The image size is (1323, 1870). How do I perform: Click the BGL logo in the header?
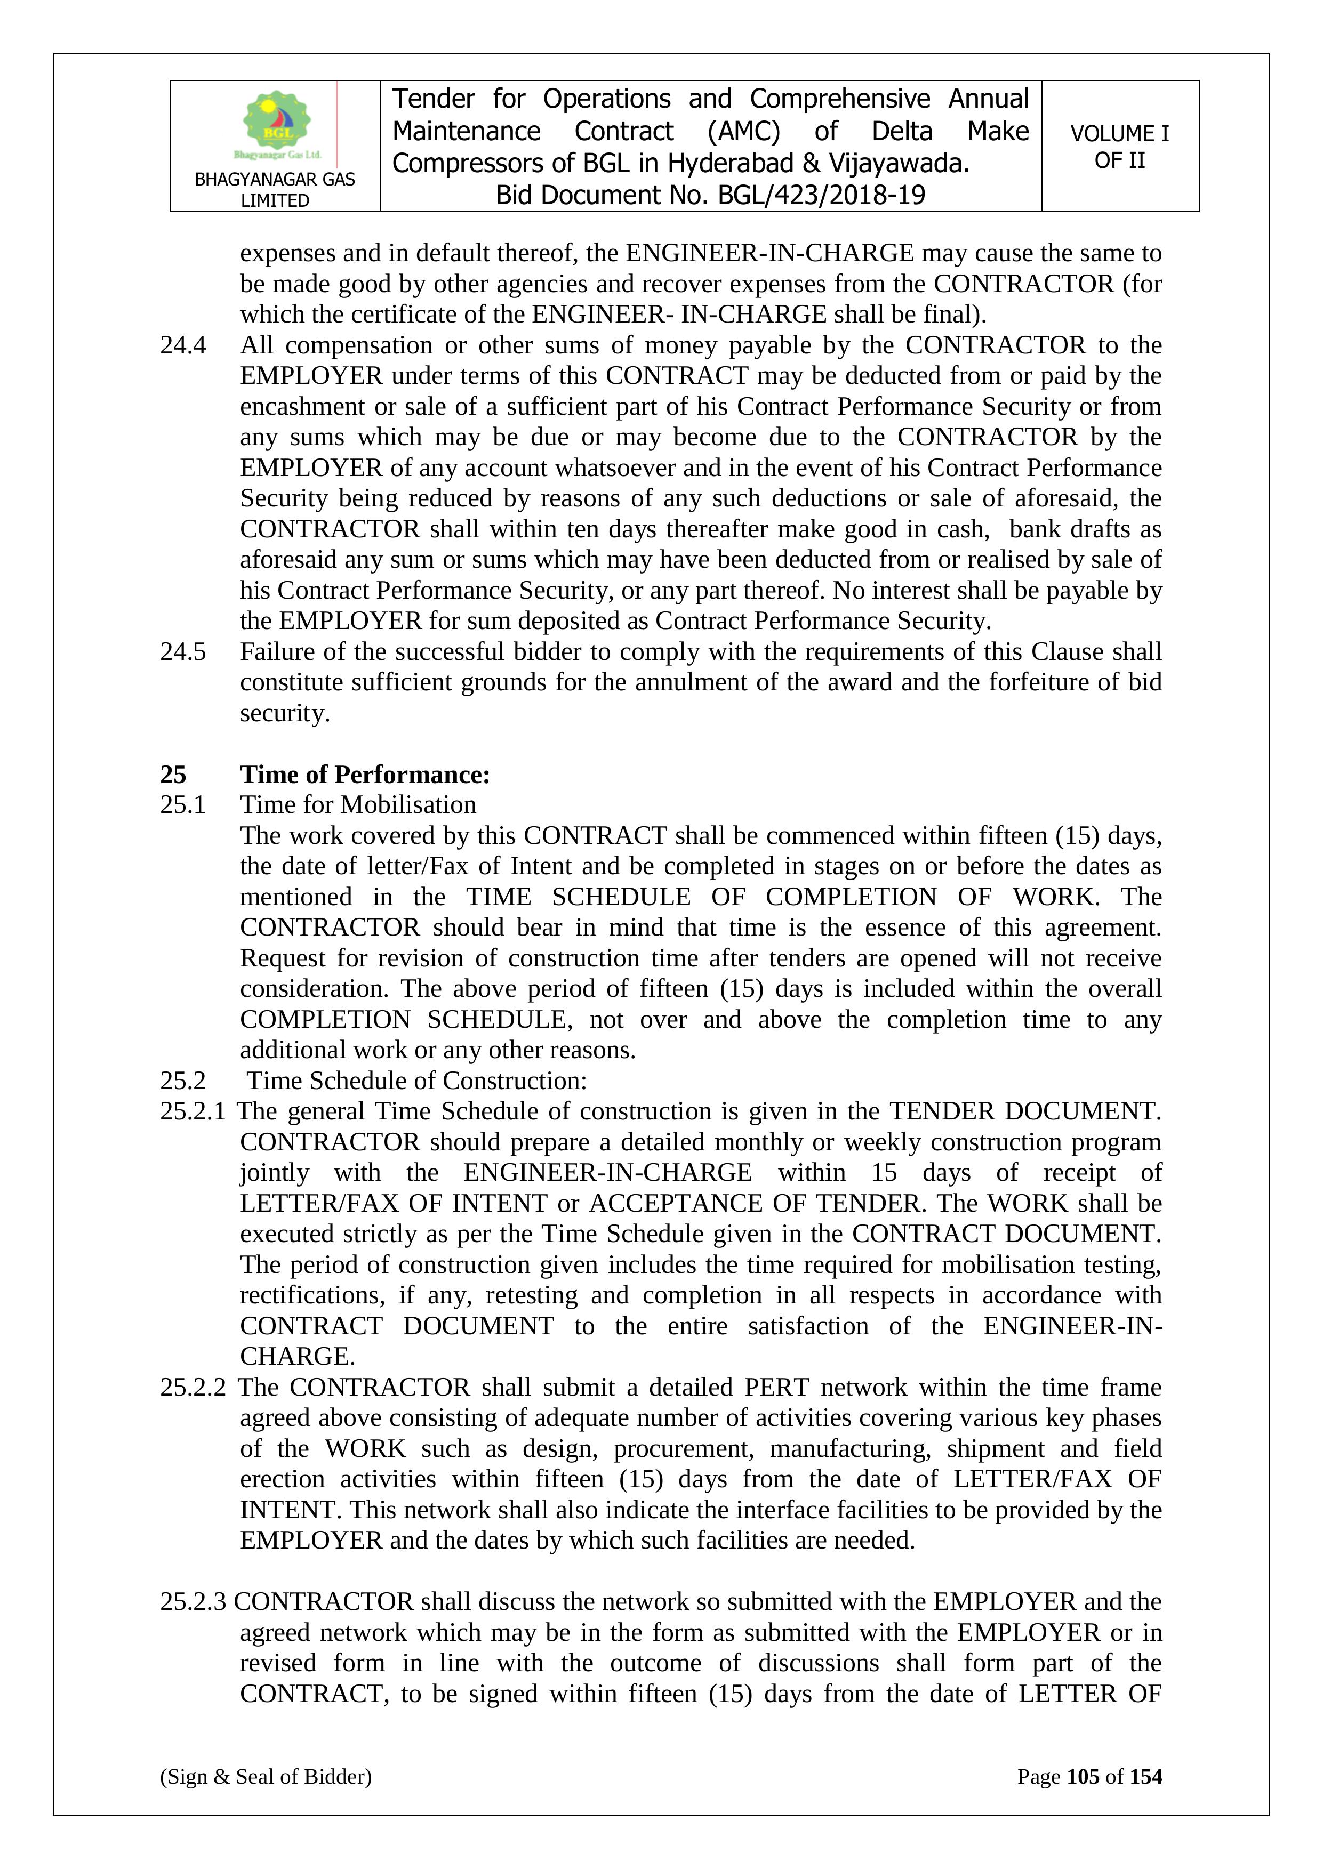(276, 124)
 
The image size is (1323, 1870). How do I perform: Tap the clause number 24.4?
(183, 345)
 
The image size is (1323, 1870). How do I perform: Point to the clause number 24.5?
(183, 651)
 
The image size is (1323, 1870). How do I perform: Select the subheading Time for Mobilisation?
(358, 805)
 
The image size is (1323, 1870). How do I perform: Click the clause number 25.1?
(183, 805)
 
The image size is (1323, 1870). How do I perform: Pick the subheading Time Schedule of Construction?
(416, 1081)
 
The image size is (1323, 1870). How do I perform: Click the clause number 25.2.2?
(193, 1387)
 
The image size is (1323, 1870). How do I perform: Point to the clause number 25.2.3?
(193, 1601)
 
